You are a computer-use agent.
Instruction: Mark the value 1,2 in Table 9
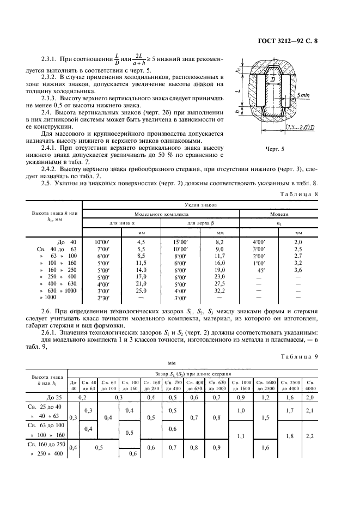click(266, 398)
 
